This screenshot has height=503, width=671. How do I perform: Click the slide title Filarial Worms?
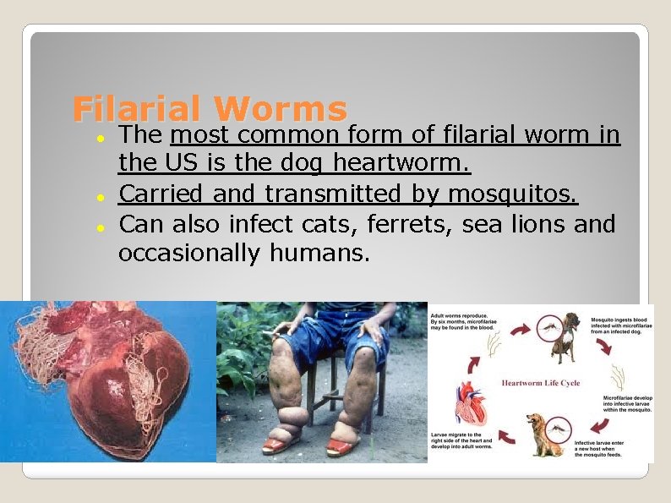pyautogui.click(x=210, y=109)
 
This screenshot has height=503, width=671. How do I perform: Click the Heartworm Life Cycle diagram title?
pyautogui.click(x=541, y=383)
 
